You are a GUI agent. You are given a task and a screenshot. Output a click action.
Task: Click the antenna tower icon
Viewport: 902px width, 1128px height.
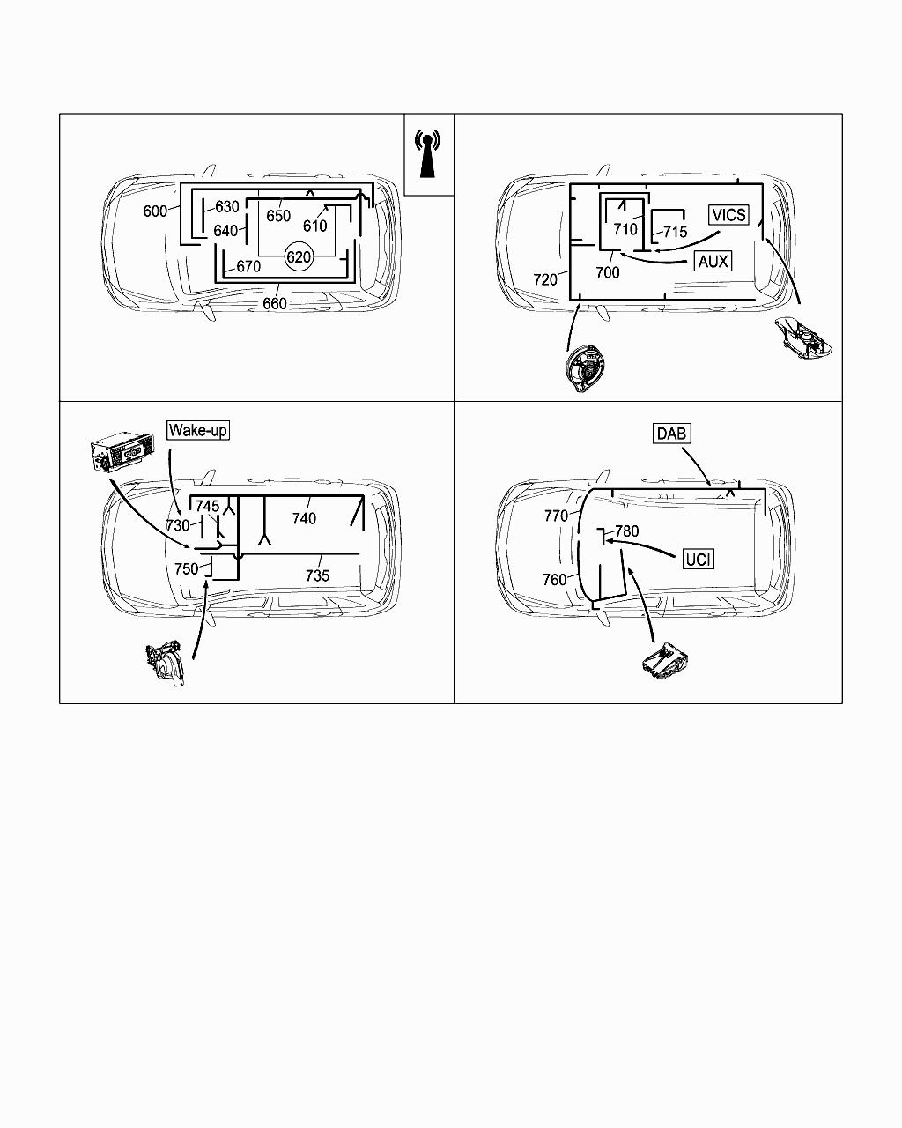(427, 154)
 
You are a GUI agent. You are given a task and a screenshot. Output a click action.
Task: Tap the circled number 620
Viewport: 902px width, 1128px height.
(299, 257)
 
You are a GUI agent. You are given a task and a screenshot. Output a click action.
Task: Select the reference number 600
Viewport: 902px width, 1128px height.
(155, 211)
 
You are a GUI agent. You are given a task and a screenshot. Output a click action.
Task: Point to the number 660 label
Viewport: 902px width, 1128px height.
(275, 304)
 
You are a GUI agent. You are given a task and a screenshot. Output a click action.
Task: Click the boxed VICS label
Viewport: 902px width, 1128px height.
(728, 215)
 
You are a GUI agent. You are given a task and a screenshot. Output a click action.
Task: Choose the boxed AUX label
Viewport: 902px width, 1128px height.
(713, 261)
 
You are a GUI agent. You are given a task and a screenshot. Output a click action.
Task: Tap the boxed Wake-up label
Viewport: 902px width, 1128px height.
(198, 430)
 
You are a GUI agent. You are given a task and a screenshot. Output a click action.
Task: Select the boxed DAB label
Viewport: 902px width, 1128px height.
(671, 434)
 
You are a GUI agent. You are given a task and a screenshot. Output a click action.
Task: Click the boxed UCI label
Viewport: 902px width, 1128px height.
(698, 559)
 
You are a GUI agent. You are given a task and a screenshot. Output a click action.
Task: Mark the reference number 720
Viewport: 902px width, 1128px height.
(545, 279)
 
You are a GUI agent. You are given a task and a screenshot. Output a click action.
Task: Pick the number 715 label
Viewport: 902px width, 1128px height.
(675, 232)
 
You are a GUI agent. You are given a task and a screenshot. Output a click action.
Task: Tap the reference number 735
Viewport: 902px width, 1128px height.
(317, 575)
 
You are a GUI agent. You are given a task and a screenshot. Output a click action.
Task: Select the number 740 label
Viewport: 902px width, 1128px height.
(304, 518)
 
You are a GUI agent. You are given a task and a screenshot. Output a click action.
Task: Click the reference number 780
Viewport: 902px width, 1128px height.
(626, 531)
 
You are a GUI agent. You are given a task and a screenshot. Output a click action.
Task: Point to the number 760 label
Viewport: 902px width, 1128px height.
(554, 580)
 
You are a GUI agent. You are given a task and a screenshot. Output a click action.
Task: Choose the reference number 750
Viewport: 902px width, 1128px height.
(186, 569)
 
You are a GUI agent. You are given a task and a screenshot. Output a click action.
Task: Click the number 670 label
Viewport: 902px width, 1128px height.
(248, 266)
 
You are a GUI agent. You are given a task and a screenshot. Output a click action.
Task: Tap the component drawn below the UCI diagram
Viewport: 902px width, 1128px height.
(667, 661)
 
